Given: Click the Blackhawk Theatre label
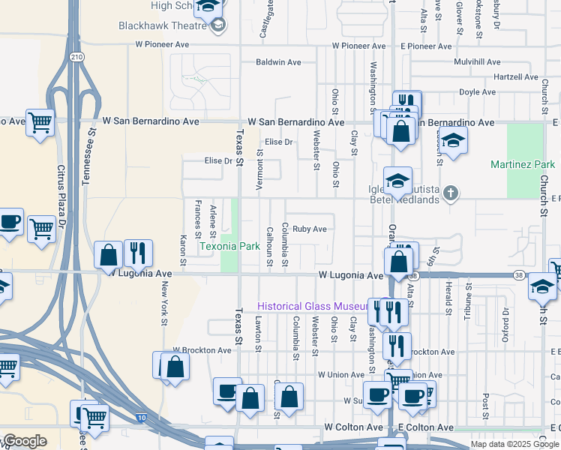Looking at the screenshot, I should pos(162,25).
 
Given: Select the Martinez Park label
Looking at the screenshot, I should pos(523,164).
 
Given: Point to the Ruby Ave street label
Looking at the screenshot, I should pos(310,229).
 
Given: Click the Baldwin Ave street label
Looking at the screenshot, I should pos(277,62).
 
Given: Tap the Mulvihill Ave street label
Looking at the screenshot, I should pos(481,62).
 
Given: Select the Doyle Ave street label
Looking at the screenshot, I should pos(478,92).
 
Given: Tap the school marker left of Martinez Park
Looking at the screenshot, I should pos(452,139).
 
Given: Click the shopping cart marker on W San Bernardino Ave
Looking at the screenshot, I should pos(40,121).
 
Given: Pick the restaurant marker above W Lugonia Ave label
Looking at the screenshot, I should pos(137,252).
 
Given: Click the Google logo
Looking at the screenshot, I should pos(25,441).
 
